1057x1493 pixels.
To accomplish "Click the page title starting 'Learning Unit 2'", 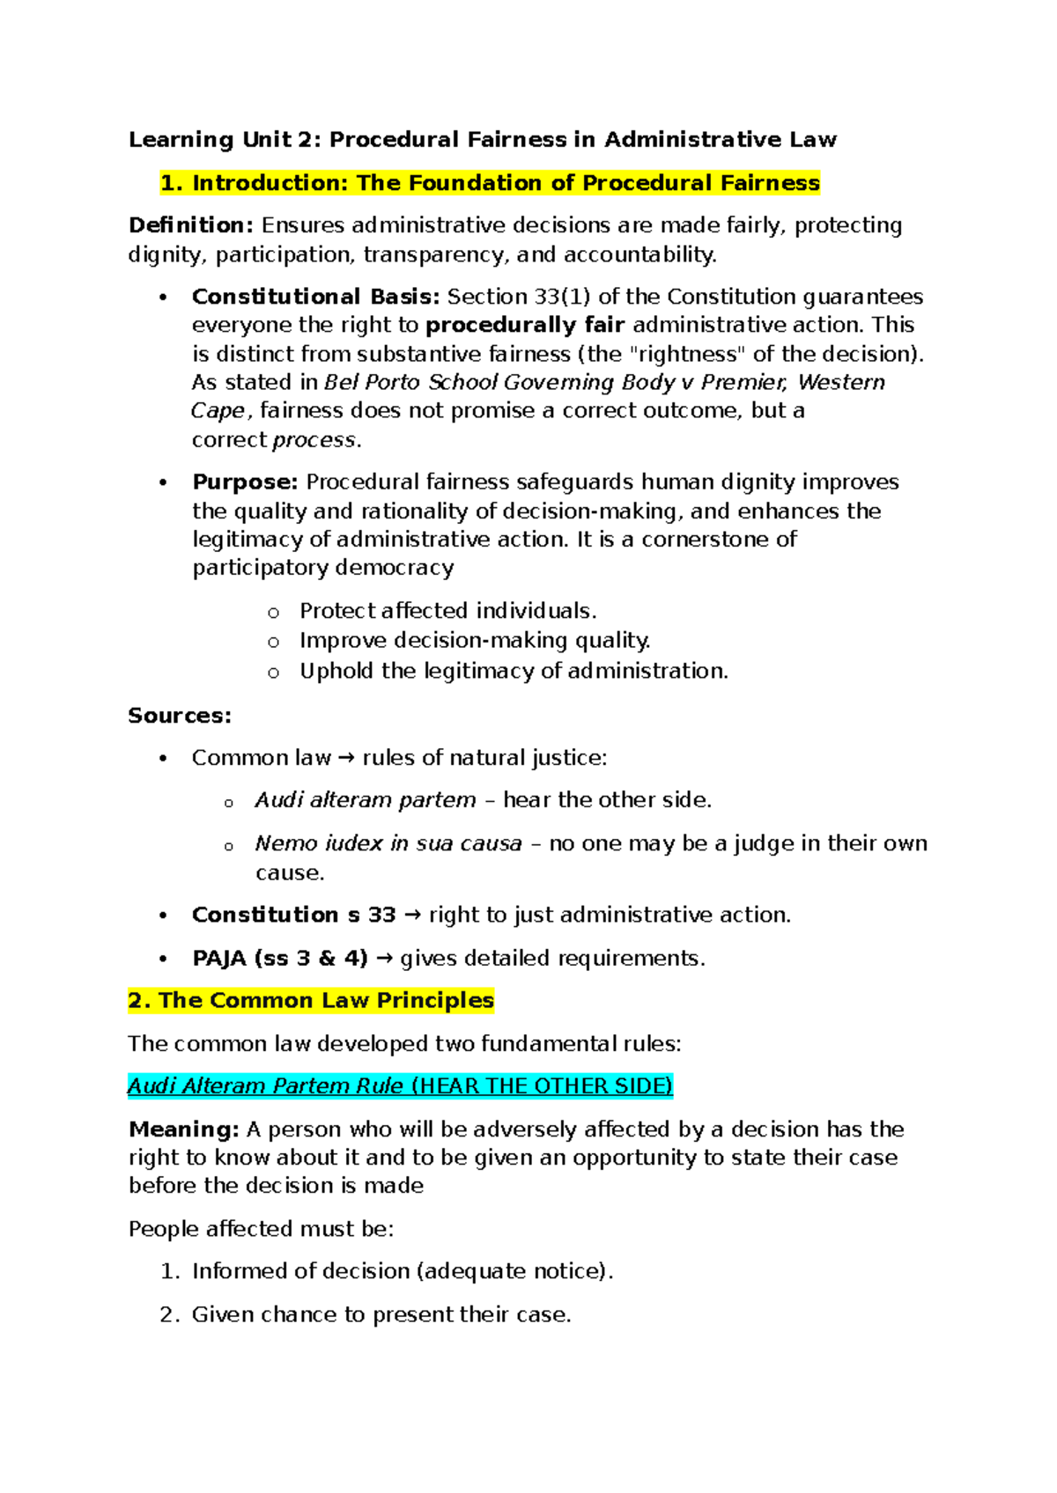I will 482,139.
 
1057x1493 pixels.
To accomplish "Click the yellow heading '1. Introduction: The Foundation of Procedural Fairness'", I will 490,183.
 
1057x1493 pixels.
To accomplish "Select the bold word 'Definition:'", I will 191,225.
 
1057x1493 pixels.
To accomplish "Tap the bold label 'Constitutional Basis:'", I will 315,297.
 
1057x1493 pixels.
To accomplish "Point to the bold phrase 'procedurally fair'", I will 525,325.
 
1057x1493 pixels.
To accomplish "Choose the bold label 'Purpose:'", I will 246,482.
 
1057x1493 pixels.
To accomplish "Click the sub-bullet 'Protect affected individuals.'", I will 447,611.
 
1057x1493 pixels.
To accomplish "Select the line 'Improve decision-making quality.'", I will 475,640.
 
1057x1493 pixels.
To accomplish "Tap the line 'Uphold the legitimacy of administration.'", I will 514,671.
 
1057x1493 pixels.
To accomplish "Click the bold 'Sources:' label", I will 180,716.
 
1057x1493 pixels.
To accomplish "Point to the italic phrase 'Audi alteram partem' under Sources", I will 365,800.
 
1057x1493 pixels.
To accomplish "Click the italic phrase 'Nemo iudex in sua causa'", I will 388,843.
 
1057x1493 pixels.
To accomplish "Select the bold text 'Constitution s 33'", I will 293,916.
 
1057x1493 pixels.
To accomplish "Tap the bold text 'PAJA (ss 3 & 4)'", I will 279,959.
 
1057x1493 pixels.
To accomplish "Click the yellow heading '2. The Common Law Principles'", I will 311,1001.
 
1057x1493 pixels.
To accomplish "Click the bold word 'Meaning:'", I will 184,1129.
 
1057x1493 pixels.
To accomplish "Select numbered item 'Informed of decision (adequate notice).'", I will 402,1271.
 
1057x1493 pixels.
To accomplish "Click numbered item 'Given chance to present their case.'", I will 381,1314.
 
